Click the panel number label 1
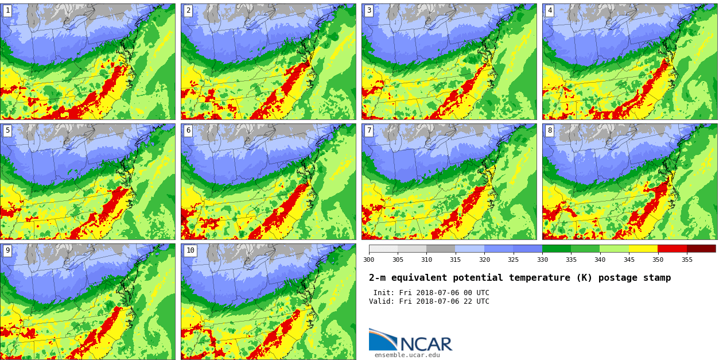tap(7, 10)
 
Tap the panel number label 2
tap(188, 10)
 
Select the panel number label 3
tap(369, 10)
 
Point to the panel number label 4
tap(550, 10)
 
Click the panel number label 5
tap(7, 130)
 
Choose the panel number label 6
tap(188, 130)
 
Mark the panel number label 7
tap(369, 130)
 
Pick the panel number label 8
tap(550, 130)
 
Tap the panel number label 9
tap(7, 250)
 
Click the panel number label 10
tap(190, 250)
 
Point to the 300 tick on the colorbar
tap(368, 260)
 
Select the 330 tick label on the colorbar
tap(542, 260)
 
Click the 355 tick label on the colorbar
tap(687, 260)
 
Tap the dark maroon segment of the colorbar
tap(701, 249)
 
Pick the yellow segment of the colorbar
tap(643, 249)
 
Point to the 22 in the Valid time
tap(464, 301)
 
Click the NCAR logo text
tap(426, 344)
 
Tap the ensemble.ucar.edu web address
tap(407, 355)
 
